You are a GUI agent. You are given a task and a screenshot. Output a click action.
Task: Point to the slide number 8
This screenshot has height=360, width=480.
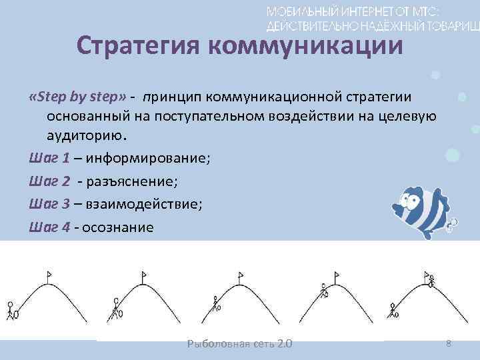449,343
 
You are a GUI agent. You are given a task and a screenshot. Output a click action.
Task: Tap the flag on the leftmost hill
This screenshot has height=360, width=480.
49,273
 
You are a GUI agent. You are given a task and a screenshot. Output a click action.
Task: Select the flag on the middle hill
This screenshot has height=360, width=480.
239,275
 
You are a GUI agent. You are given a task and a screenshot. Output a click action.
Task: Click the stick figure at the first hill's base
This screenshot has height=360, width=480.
11,310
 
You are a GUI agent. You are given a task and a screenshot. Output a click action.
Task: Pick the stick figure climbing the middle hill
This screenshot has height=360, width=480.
216,305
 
